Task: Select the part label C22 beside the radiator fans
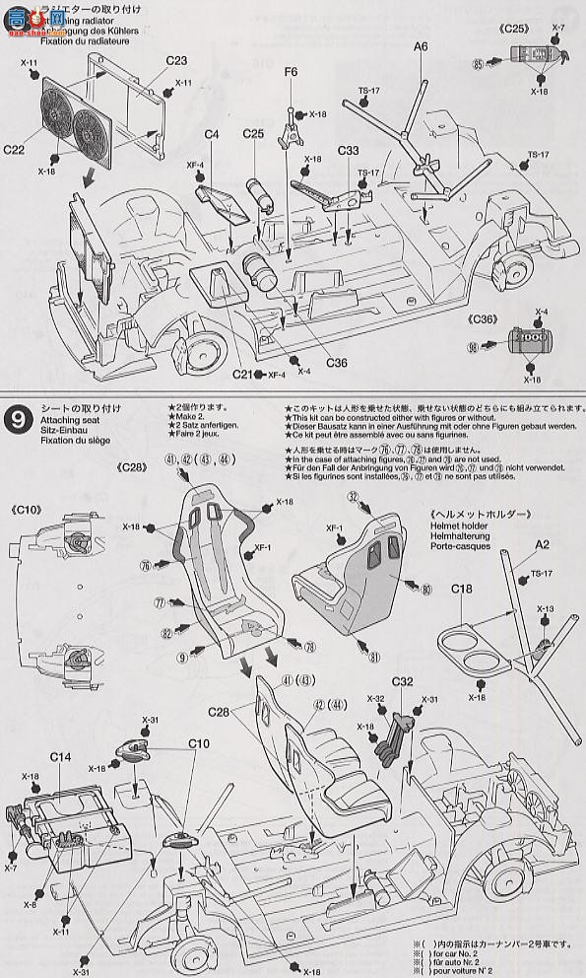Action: pyautogui.click(x=15, y=150)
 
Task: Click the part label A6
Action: pyautogui.click(x=421, y=46)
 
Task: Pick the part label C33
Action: pyautogui.click(x=347, y=151)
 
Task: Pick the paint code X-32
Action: pyautogui.click(x=376, y=698)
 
